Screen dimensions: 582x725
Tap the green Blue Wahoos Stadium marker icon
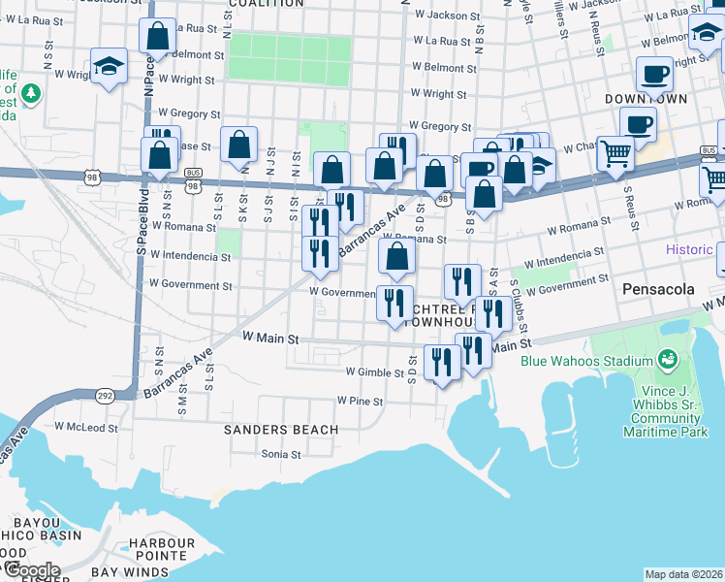(667, 360)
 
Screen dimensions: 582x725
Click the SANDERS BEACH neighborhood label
(281, 429)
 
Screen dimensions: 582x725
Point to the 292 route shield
(104, 395)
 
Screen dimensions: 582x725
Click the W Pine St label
(361, 401)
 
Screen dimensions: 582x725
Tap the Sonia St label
(281, 453)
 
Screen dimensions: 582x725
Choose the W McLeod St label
(85, 426)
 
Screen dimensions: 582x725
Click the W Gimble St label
(374, 372)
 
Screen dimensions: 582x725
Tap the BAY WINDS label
(130, 573)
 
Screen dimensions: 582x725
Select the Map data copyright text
(683, 574)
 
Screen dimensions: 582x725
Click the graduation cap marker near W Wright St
(108, 67)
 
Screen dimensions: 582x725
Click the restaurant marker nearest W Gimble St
(443, 363)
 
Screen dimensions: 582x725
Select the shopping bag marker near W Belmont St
(157, 36)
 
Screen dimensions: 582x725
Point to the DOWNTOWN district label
(646, 99)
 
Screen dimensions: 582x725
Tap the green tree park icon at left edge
(33, 93)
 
